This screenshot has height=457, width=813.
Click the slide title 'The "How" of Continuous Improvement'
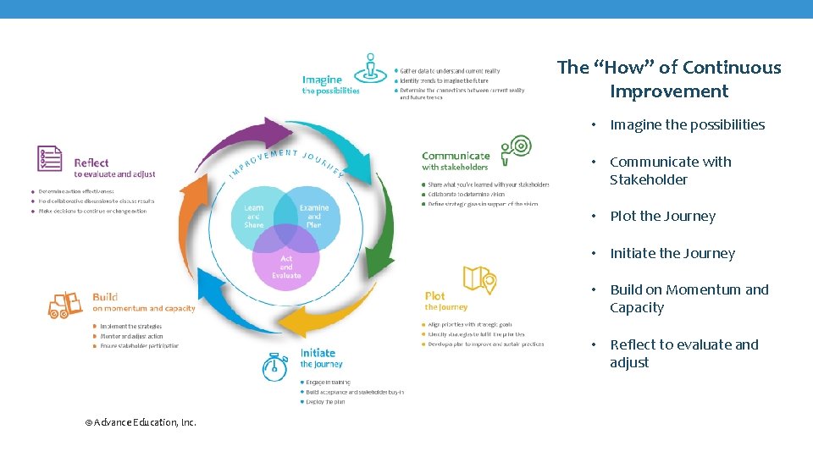669,79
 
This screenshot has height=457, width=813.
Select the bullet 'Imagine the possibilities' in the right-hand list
687,124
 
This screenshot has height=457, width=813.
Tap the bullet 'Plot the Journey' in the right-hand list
662,216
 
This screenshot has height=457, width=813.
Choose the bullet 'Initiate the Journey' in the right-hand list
672,253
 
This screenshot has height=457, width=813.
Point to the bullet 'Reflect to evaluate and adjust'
683,353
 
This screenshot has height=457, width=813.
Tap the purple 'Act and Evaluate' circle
286,266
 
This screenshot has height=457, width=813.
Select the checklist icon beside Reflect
50,158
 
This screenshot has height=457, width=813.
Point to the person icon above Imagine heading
370,66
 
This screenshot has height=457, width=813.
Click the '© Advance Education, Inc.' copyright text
141,421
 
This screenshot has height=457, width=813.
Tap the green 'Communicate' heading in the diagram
456,156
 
